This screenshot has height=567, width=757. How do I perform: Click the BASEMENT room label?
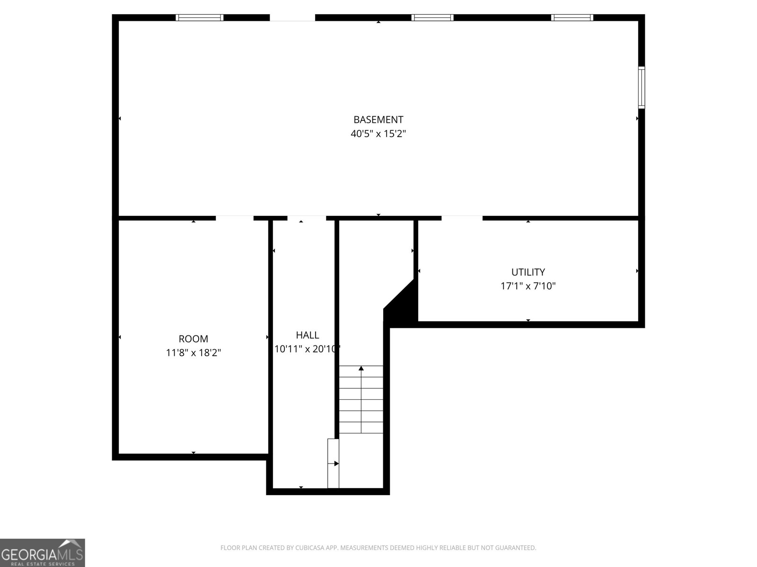pyautogui.click(x=378, y=120)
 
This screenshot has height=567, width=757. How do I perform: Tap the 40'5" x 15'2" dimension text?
pyautogui.click(x=378, y=134)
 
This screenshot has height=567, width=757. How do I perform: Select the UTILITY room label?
pyautogui.click(x=528, y=272)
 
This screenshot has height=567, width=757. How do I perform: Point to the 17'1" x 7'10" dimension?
pyautogui.click(x=528, y=286)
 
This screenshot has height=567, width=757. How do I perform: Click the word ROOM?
pyautogui.click(x=193, y=339)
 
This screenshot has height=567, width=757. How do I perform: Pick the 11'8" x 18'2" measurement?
pyautogui.click(x=193, y=352)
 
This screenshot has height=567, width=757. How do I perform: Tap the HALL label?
pyautogui.click(x=308, y=335)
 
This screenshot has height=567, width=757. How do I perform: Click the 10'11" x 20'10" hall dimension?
pyautogui.click(x=308, y=349)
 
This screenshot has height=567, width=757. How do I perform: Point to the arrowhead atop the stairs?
pyautogui.click(x=361, y=368)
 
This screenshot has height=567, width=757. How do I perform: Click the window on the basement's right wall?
pyautogui.click(x=641, y=87)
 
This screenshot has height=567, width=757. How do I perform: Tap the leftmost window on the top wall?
pyautogui.click(x=199, y=18)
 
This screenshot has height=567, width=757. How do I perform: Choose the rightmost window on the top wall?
pyautogui.click(x=572, y=18)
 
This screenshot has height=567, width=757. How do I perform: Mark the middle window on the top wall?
pyautogui.click(x=432, y=18)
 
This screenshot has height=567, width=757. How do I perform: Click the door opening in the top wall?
pyautogui.click(x=292, y=18)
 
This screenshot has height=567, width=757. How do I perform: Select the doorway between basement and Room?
pyautogui.click(x=235, y=218)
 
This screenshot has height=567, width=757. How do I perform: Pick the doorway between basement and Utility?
pyautogui.click(x=462, y=218)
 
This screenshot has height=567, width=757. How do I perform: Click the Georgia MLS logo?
pyautogui.click(x=43, y=553)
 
